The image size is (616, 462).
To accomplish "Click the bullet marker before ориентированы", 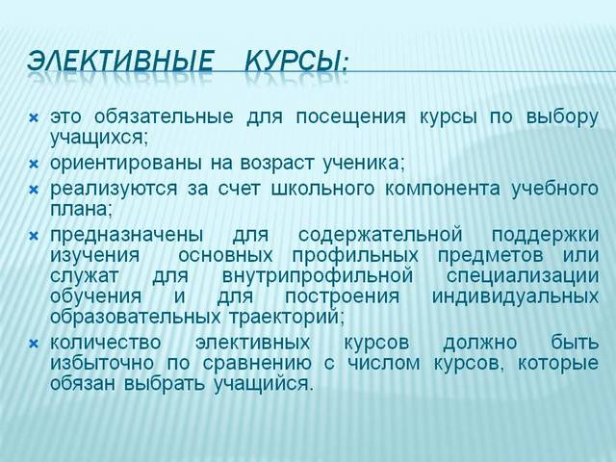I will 32,161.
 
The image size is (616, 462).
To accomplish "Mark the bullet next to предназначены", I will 32,235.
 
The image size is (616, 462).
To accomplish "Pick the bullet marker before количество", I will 32,344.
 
